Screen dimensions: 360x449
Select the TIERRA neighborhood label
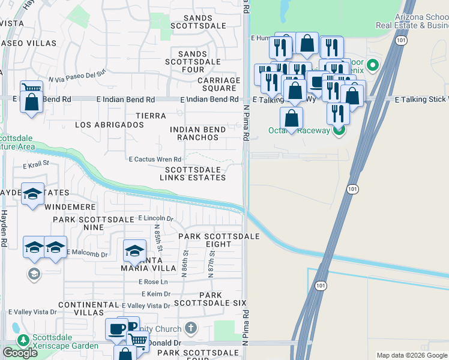(151, 115)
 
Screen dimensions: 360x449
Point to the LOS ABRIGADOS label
(109, 125)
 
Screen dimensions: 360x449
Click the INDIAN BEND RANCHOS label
(198, 133)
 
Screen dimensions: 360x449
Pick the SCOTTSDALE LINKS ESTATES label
(195, 173)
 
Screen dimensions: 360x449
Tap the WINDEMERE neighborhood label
(70, 207)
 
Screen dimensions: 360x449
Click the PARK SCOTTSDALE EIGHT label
(218, 240)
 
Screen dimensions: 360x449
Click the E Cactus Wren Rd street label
(155, 160)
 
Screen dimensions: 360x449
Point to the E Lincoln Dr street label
(155, 219)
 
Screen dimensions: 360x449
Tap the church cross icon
(191, 328)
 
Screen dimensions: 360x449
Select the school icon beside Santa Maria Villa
(135, 251)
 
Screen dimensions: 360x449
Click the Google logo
(20, 353)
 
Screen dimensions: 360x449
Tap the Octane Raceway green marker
(339, 130)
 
